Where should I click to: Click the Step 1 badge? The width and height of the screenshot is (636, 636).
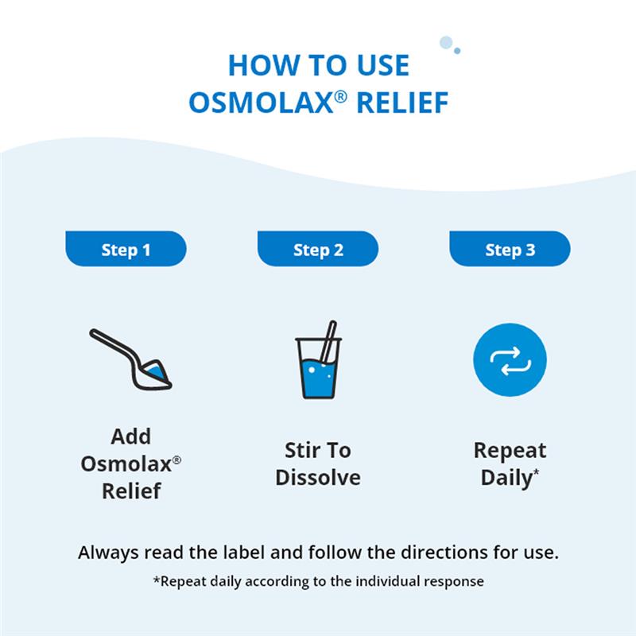pos(126,250)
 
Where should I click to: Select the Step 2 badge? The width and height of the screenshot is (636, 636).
pos(318,250)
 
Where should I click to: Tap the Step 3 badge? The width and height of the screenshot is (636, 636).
pos(510,250)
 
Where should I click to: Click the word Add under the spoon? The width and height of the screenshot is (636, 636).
pos(131,436)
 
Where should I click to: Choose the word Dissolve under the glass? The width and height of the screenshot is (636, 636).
pos(318,478)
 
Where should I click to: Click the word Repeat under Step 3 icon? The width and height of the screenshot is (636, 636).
pos(510,451)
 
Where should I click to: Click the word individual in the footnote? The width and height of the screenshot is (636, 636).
pos(365,581)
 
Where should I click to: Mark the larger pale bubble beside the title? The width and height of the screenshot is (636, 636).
pos(446,42)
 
